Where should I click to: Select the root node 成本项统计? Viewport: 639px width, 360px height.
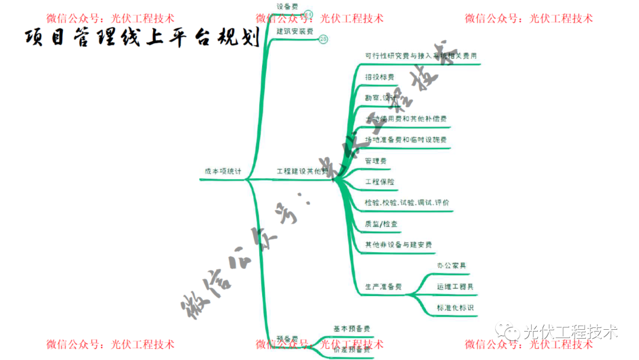click(x=223, y=171)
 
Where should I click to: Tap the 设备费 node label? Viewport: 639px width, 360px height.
click(x=288, y=6)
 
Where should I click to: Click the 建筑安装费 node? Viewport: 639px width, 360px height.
click(x=295, y=31)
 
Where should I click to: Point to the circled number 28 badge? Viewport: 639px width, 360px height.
click(x=323, y=39)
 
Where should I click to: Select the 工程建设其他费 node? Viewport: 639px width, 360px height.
click(x=302, y=171)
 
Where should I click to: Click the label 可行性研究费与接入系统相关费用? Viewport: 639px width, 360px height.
click(x=421, y=56)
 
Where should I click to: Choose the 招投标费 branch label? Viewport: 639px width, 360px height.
click(x=380, y=77)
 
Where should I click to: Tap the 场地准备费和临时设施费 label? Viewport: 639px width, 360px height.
click(x=406, y=140)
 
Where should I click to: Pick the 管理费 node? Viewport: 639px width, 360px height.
click(x=376, y=160)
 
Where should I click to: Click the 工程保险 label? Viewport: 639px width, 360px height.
click(x=380, y=181)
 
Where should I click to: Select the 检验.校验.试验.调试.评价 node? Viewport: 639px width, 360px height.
click(x=407, y=202)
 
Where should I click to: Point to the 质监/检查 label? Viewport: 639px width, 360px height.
click(x=382, y=224)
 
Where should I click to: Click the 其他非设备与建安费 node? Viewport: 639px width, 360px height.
click(x=398, y=245)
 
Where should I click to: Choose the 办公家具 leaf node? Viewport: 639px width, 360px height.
click(x=451, y=266)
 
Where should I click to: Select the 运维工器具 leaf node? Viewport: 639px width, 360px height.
click(x=455, y=287)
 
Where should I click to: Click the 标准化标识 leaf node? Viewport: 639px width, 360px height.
click(x=455, y=308)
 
